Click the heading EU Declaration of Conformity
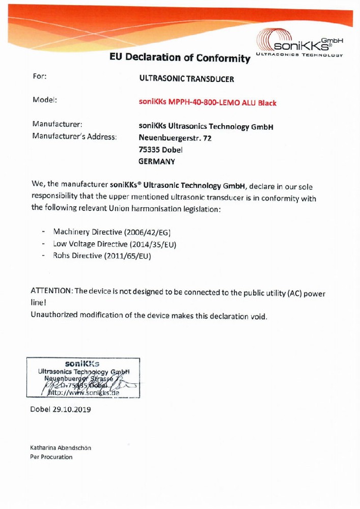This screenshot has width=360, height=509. click(x=180, y=58)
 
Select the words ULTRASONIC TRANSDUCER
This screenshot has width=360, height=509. click(x=186, y=79)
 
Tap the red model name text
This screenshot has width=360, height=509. click(x=207, y=103)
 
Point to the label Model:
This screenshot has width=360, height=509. click(x=44, y=100)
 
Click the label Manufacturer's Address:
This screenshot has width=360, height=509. click(x=74, y=136)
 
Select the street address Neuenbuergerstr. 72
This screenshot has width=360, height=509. click(x=175, y=138)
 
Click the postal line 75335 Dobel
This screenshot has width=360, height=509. click(x=160, y=150)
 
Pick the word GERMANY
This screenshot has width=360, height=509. click(x=156, y=162)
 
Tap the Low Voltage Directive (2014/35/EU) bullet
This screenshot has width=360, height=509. click(x=114, y=244)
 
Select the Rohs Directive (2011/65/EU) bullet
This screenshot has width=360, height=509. click(x=102, y=257)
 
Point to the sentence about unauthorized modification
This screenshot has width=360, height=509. click(x=149, y=316)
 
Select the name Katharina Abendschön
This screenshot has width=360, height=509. click(x=61, y=448)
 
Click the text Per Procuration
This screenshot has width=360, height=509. click(x=51, y=457)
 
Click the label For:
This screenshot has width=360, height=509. click(x=40, y=76)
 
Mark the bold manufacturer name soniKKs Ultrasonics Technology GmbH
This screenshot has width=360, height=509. click(x=206, y=127)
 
